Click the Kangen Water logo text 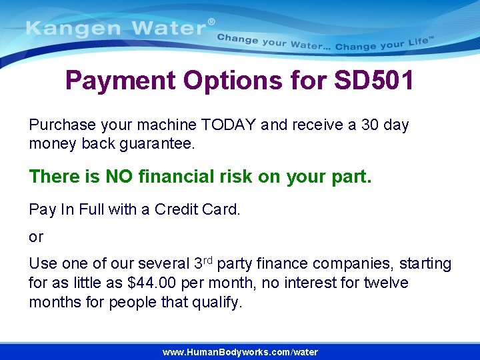(x=116, y=29)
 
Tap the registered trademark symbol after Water (x=212, y=22)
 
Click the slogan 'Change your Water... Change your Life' (x=325, y=43)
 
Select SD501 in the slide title (x=374, y=81)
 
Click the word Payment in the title (x=119, y=81)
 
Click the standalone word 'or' (x=36, y=237)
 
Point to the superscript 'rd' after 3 (x=208, y=259)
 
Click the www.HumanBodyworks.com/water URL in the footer (x=240, y=352)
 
